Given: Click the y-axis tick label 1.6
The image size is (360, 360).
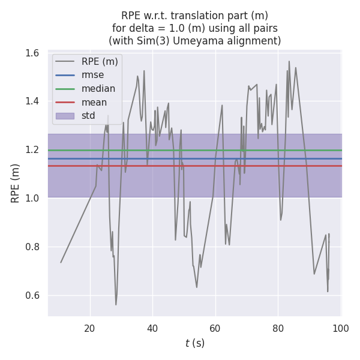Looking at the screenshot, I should tap(32, 53).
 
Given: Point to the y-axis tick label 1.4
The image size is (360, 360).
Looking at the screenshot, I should tap(32, 101).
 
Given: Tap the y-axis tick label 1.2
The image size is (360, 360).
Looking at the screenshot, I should tap(32, 150).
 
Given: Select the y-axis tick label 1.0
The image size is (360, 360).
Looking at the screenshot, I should tap(32, 199).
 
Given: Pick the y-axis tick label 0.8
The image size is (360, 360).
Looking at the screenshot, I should tap(32, 247).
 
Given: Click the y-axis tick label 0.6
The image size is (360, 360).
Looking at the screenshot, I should tap(32, 295).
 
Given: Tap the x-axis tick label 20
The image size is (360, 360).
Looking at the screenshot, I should tap(90, 328).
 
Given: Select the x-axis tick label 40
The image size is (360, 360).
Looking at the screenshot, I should tap(152, 328).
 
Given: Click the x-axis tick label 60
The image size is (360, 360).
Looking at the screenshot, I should tap(215, 328).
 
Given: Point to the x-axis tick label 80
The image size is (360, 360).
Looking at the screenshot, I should tap(278, 328).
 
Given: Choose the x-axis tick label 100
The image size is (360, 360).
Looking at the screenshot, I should tap(340, 328).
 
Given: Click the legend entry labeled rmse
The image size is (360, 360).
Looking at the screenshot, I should tap(93, 75).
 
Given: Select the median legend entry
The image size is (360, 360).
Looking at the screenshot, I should tap(98, 89).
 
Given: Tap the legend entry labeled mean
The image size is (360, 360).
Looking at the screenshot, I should tap(94, 103).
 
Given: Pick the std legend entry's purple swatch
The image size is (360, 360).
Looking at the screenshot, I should tap(65, 116).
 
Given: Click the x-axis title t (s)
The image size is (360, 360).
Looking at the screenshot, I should tap(194, 343).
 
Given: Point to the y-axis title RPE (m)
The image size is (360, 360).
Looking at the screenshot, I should tap(16, 183).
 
